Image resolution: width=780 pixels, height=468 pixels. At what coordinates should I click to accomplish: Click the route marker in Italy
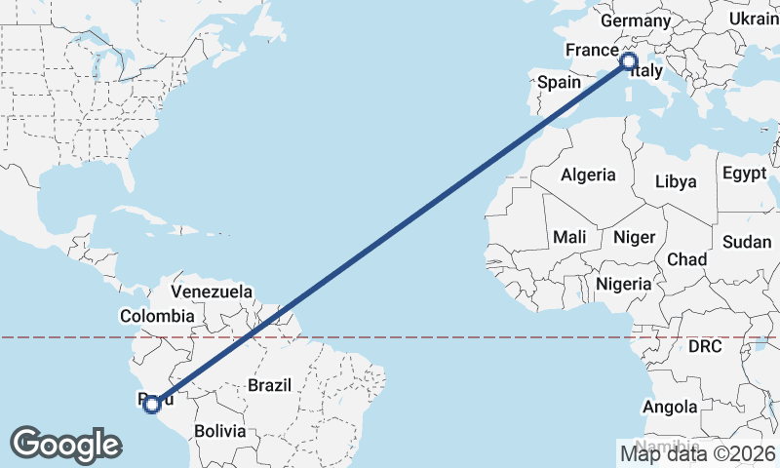[x=629, y=62]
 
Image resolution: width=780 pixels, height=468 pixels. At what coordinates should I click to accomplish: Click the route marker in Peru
[x=152, y=403]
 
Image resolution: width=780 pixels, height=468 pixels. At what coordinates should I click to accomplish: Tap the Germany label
[x=636, y=21]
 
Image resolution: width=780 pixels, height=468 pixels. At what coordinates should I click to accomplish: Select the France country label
[x=592, y=50]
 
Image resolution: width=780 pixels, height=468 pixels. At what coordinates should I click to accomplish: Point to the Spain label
[x=560, y=83]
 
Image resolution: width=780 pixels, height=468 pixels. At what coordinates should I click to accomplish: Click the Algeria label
[x=587, y=175]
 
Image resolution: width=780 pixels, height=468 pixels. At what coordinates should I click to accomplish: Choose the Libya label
[x=676, y=181]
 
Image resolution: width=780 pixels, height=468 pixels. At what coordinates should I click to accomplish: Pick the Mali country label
[x=569, y=237]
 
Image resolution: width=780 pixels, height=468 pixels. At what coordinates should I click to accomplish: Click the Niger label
[x=634, y=237]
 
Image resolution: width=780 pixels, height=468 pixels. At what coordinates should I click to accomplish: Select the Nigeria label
[x=624, y=284]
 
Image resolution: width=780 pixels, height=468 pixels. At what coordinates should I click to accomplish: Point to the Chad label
[x=686, y=259]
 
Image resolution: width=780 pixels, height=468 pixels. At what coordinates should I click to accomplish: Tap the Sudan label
[x=748, y=242]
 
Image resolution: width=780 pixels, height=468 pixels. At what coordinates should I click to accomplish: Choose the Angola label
[x=670, y=407]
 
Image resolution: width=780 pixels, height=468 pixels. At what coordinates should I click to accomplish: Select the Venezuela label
[x=212, y=292]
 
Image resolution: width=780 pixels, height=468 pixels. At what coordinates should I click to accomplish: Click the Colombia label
[x=157, y=316]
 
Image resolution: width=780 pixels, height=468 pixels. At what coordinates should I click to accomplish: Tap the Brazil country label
[x=269, y=385]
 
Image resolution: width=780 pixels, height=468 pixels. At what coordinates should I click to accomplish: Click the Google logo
[x=65, y=445]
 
